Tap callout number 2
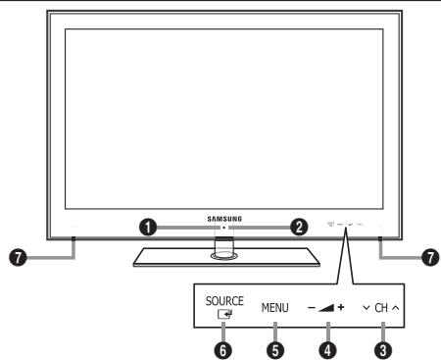pyautogui.click(x=297, y=226)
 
